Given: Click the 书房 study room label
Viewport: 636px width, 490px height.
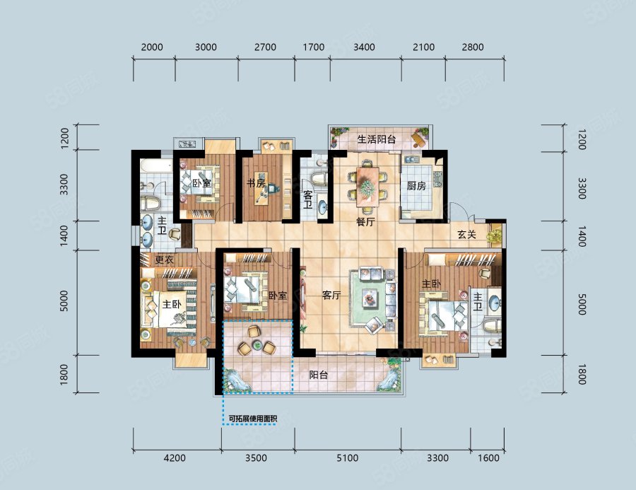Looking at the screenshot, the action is (256, 183).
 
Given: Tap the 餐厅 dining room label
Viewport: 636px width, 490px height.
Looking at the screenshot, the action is (365, 221).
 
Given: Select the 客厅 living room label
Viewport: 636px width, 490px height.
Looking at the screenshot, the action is (331, 295).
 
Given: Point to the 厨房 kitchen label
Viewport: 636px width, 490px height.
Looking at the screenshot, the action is (416, 186).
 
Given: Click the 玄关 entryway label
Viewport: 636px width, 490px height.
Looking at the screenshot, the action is (467, 234).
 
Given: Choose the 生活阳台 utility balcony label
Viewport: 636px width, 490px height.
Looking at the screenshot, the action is (377, 139).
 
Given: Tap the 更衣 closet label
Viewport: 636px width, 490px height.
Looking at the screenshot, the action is (165, 259).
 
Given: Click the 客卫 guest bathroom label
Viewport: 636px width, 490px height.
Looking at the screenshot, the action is (308, 199).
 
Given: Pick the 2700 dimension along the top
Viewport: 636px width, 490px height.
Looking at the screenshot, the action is (265, 47).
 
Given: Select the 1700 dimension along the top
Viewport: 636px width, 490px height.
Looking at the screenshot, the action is (314, 47).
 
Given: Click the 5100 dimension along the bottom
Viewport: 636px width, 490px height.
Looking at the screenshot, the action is (347, 458).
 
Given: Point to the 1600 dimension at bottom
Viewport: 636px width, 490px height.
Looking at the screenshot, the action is (488, 458).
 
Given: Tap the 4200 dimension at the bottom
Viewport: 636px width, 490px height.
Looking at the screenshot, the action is (175, 458).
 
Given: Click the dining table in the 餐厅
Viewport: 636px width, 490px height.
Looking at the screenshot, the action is (367, 187).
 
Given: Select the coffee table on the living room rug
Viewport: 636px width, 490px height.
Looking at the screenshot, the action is (369, 298).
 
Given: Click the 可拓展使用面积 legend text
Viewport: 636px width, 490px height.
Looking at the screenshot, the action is (253, 418).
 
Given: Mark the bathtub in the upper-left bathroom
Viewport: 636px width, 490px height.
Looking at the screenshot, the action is (156, 165).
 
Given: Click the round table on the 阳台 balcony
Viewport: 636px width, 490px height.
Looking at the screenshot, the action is (257, 346).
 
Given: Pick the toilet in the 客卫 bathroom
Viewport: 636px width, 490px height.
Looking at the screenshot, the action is (319, 179).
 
